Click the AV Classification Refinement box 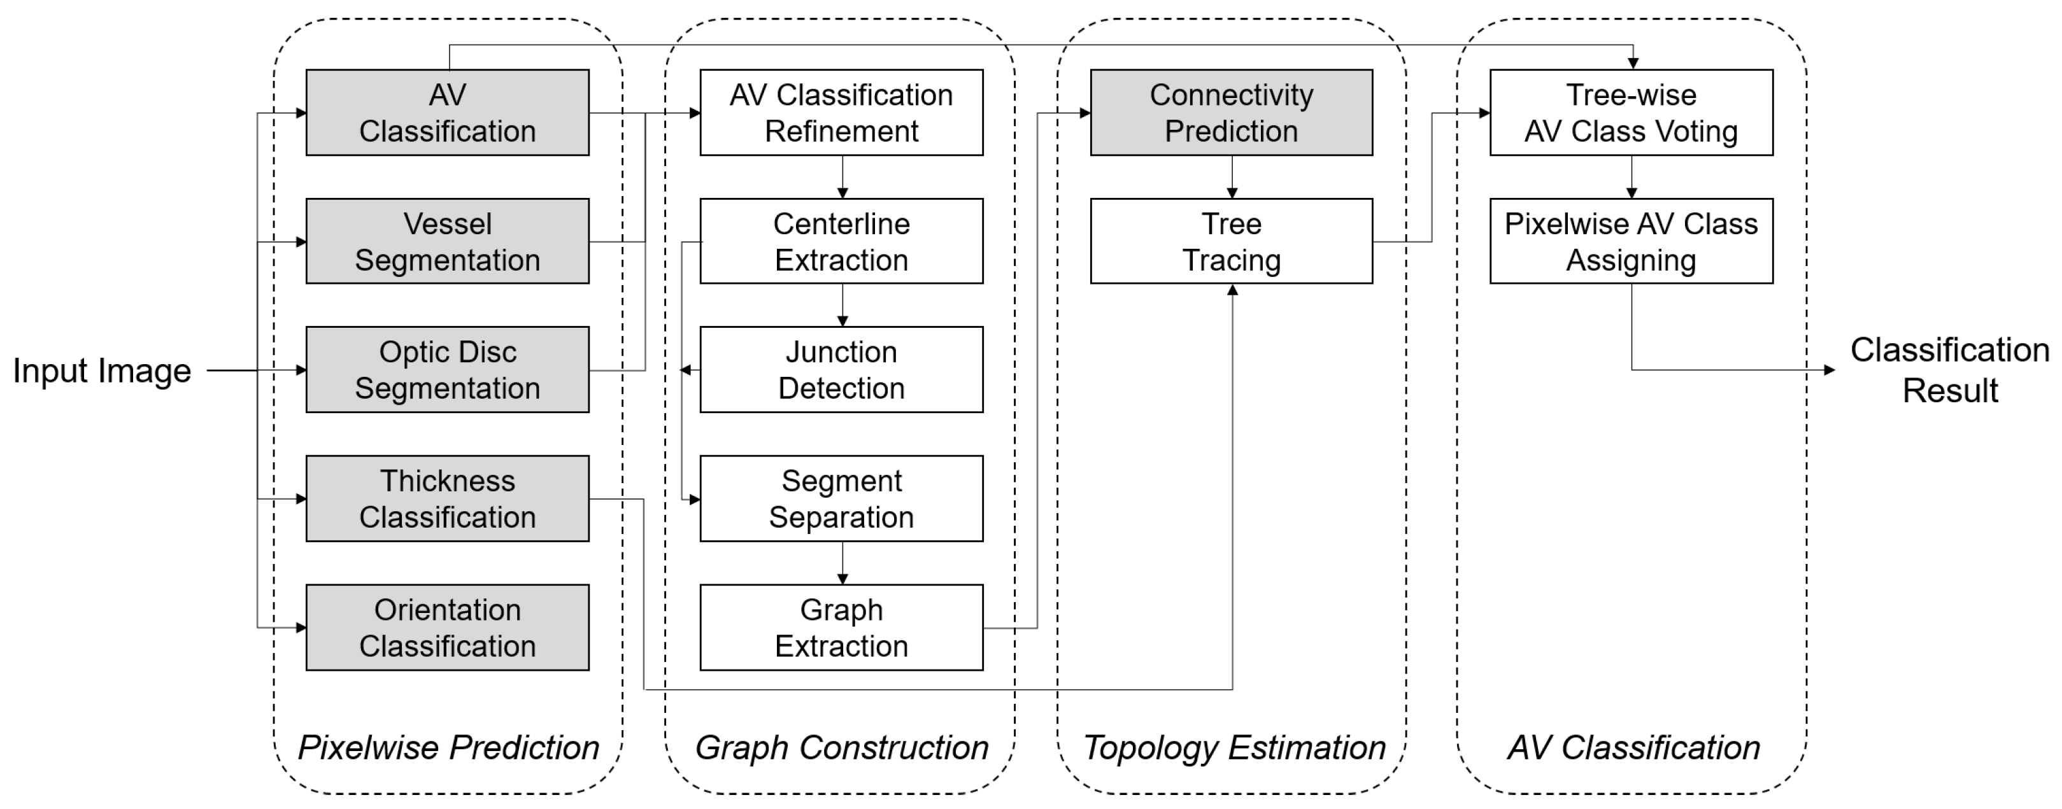(x=841, y=113)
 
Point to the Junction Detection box (x=841, y=370)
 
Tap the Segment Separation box (x=841, y=498)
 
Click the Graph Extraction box (x=841, y=628)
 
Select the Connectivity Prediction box (x=1231, y=113)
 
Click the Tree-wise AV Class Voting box (x=1630, y=113)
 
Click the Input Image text (x=102, y=370)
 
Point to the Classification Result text (x=1949, y=370)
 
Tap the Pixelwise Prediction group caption (x=448, y=747)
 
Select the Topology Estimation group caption (x=1234, y=747)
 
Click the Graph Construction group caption (x=841, y=747)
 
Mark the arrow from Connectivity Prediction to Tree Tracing (x=1232, y=177)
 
